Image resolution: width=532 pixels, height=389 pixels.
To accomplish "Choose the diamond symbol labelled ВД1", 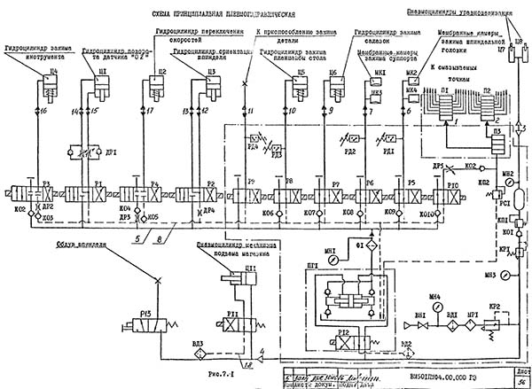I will tap(450, 323).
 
